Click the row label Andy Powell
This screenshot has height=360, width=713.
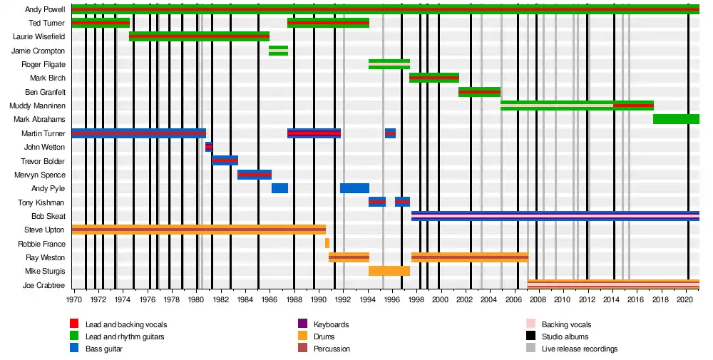[x=46, y=10]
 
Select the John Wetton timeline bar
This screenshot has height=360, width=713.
[x=208, y=147]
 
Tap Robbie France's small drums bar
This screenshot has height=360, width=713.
[x=327, y=243]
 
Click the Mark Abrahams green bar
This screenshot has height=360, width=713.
[x=676, y=119]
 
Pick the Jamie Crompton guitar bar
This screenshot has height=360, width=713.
[x=278, y=51]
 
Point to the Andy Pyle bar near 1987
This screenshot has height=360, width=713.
[x=279, y=188]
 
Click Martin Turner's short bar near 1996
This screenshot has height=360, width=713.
[x=390, y=133]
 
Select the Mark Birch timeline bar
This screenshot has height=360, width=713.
[x=434, y=78]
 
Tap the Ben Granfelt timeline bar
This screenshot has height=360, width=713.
[x=479, y=92]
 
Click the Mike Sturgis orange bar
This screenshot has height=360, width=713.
[x=389, y=271]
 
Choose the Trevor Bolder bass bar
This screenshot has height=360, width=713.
[x=225, y=160]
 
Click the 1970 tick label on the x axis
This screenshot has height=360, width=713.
[x=73, y=300]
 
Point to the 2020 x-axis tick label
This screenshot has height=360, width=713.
[x=686, y=300]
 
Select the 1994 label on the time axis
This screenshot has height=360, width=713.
[x=369, y=300]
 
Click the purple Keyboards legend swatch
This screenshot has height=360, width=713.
[x=303, y=324]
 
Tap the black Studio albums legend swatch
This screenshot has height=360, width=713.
[x=530, y=336]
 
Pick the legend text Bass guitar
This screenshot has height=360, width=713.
[x=103, y=349]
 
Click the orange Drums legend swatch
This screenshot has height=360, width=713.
[x=303, y=336]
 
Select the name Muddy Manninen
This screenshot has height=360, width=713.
[x=37, y=106]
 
